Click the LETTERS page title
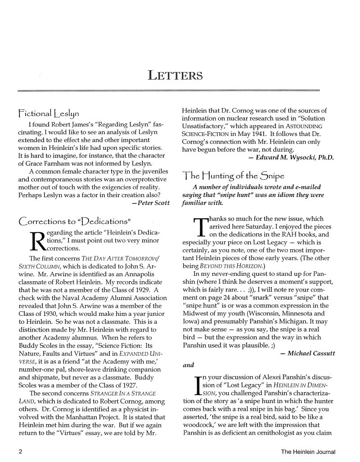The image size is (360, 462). tap(175, 75)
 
